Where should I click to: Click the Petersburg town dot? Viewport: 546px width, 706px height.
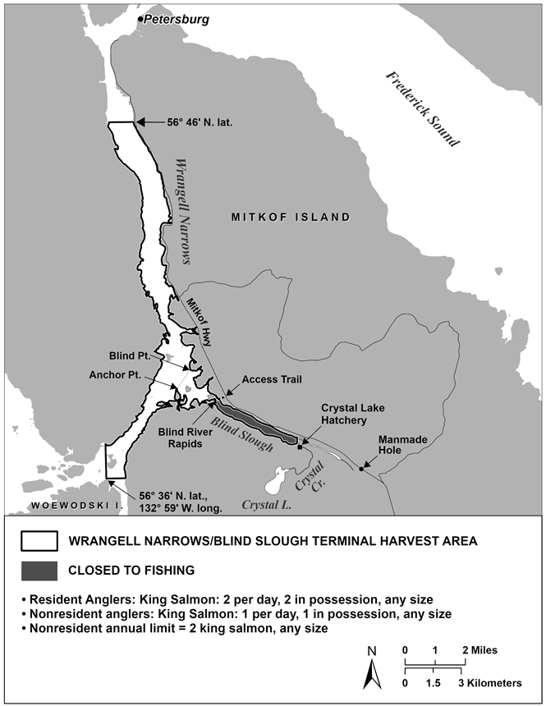pos(140,18)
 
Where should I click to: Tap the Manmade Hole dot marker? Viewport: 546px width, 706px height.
pos(360,470)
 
